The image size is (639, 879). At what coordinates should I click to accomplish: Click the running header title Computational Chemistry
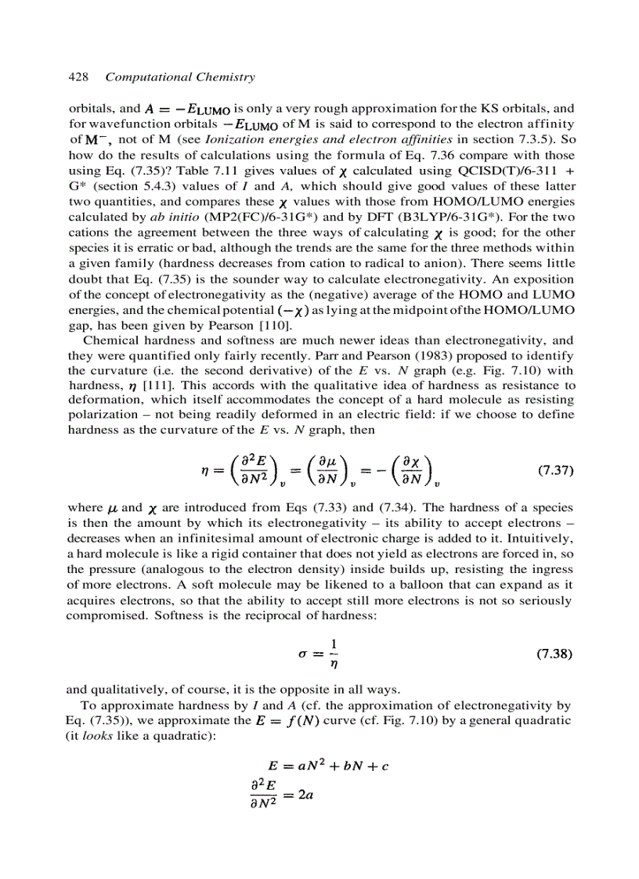point(180,77)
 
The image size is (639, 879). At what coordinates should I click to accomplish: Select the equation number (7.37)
point(556,470)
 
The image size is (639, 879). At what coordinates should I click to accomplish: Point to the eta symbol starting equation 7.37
point(206,471)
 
